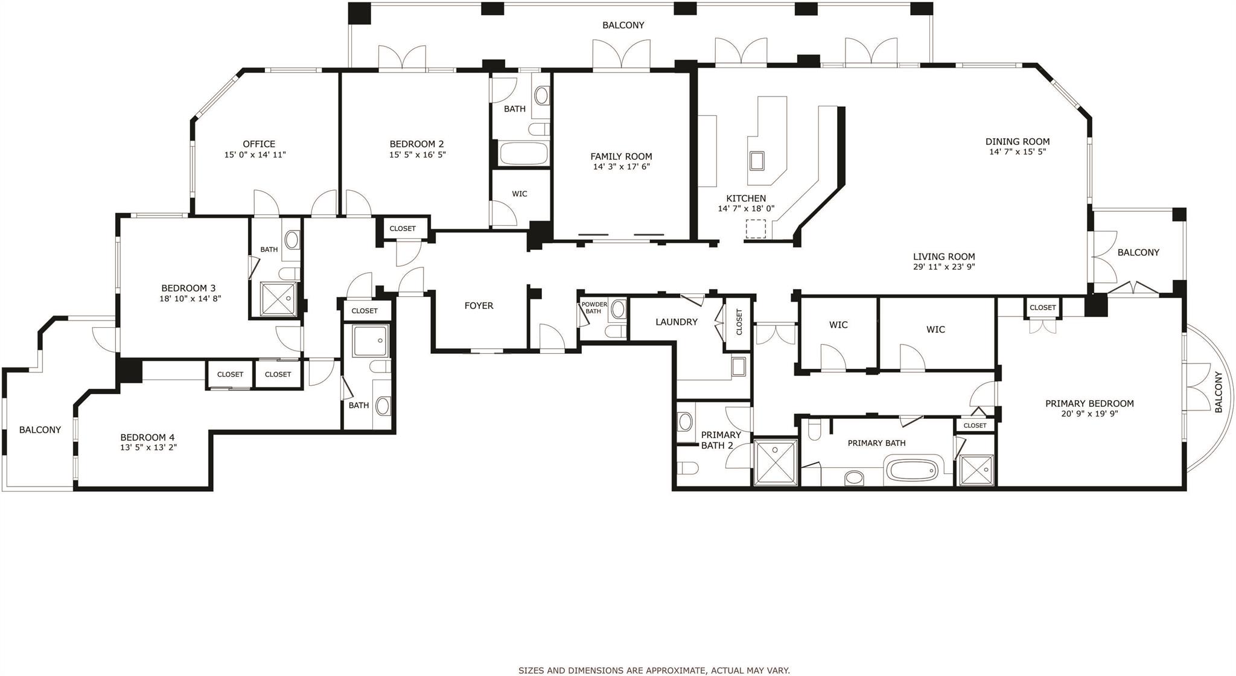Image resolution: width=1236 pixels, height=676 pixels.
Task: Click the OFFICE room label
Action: pos(259,144)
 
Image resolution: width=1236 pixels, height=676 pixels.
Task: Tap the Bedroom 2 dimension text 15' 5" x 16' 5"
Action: pos(417,155)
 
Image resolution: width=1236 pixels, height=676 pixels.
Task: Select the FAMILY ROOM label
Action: pos(621,156)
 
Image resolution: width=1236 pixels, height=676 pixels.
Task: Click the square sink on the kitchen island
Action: pos(757,161)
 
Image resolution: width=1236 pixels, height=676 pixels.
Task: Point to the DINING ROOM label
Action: pos(1018,142)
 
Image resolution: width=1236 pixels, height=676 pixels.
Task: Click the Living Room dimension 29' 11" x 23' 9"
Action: pos(944,267)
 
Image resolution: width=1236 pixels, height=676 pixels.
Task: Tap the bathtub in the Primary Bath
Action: pos(912,468)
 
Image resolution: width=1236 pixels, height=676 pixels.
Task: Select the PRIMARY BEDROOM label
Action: pos(1089,403)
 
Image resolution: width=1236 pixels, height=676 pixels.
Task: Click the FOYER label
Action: pos(479,305)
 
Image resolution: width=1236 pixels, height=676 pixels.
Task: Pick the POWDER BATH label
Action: pos(594,308)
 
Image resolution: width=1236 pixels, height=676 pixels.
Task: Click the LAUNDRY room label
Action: pos(676,322)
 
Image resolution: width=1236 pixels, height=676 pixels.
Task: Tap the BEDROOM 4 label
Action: pos(147,437)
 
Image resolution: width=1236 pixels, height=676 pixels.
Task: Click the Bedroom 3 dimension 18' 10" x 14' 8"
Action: pos(190,298)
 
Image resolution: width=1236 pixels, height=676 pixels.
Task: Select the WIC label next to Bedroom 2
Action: pos(519,194)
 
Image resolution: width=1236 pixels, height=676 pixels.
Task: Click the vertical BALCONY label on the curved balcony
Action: pos(1218,392)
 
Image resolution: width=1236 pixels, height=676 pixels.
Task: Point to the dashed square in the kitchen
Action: pos(756,229)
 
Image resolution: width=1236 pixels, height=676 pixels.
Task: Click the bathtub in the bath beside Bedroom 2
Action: pos(523,153)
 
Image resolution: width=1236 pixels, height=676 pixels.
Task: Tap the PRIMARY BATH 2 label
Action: pos(720,440)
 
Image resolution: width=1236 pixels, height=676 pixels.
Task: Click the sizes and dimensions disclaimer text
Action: pos(654,670)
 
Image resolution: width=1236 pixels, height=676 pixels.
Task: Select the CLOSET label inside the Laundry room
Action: pos(739,322)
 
